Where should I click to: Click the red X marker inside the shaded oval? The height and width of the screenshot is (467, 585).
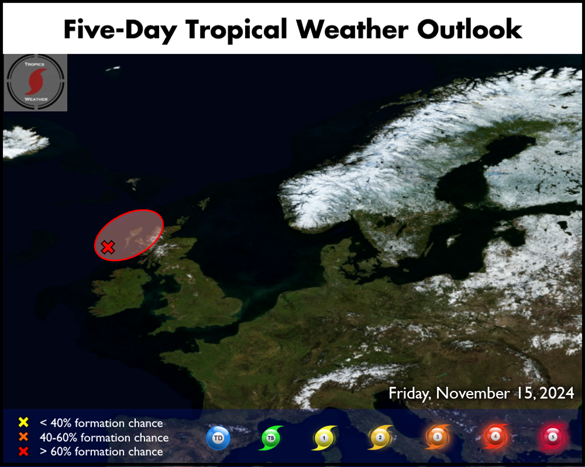[108, 247]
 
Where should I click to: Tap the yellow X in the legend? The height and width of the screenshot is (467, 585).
[23, 422]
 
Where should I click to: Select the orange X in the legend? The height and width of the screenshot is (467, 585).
[23, 437]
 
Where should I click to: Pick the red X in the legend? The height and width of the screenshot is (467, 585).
[23, 451]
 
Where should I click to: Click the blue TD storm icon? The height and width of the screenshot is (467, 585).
[218, 438]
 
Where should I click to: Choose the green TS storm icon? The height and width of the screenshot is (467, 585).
[271, 438]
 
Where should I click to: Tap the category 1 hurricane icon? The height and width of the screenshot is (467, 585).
[324, 438]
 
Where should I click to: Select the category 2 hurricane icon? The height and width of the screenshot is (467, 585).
[380, 438]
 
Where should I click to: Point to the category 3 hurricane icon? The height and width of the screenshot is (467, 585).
[437, 437]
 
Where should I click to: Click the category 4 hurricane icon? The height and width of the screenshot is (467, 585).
[495, 437]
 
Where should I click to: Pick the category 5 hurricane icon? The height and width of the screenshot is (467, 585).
[553, 437]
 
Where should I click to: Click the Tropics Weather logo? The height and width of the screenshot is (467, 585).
[36, 83]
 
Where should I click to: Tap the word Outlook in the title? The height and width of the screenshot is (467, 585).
[469, 29]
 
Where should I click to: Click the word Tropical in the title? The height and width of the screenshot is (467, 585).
[236, 30]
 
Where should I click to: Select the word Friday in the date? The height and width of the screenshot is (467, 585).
[409, 393]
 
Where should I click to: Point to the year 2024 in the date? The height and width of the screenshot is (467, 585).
[557, 393]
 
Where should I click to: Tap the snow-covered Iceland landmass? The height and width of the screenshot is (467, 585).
[25, 142]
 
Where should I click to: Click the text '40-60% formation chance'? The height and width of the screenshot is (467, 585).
[104, 437]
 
